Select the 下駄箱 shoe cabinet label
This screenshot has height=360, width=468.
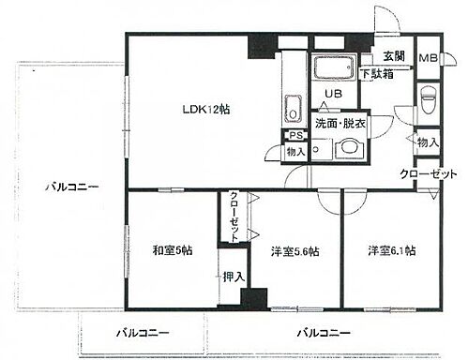377,73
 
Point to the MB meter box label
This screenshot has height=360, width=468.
427,59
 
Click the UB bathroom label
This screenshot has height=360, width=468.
332,94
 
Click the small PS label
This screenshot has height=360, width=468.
294,135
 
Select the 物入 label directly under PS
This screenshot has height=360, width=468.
295,151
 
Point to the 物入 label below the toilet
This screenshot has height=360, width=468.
427,142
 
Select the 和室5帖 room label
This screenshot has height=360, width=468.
171,251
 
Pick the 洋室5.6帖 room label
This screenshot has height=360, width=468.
294,251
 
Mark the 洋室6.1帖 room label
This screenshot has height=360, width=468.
391,250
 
